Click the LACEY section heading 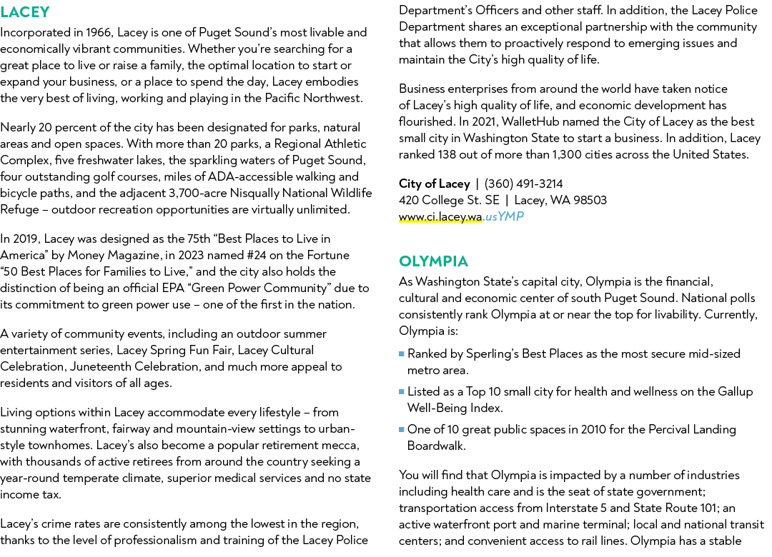coord(25,12)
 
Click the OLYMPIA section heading coord(433,261)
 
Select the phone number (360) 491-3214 coord(523,184)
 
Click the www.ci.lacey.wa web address coord(440,217)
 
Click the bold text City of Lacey coord(435,184)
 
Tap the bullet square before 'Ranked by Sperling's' coord(402,353)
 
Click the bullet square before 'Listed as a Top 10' coord(402,391)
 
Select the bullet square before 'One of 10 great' coord(402,430)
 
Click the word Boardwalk coord(436,446)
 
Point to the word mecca coord(343,446)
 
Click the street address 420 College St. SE coord(449,200)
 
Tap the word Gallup coord(736,391)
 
